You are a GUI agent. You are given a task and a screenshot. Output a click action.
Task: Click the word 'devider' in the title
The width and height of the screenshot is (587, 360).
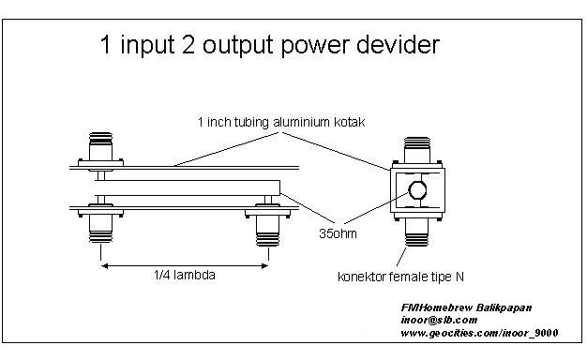[x=398, y=45]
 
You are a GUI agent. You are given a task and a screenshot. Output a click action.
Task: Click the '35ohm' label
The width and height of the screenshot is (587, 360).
[x=338, y=233]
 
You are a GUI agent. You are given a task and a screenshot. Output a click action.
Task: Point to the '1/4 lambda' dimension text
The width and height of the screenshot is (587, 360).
[x=185, y=276]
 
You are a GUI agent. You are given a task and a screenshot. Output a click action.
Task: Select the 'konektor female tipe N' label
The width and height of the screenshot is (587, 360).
[x=400, y=277]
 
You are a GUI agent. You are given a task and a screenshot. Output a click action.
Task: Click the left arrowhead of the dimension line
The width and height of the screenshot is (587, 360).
[x=105, y=266]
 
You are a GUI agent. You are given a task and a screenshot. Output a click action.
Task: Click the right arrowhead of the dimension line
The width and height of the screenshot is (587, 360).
[x=264, y=266]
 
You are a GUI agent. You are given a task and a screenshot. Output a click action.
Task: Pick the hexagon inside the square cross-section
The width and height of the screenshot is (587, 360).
[x=417, y=190]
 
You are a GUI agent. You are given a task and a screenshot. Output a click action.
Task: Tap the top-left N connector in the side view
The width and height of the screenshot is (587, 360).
[x=100, y=149]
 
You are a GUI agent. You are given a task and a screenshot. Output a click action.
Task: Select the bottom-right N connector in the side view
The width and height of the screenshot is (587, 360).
[x=267, y=225]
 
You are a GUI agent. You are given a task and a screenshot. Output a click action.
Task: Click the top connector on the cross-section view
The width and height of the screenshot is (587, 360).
[x=417, y=152]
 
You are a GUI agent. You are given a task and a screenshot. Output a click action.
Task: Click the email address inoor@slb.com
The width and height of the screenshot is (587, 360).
[x=439, y=321]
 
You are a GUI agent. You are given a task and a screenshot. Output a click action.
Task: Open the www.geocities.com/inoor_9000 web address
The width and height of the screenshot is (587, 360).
[x=479, y=333]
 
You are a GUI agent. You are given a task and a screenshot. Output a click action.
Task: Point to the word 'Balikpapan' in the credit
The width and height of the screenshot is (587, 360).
[x=504, y=308]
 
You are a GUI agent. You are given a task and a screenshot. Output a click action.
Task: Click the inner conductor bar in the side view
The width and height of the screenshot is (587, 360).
[x=188, y=187]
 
